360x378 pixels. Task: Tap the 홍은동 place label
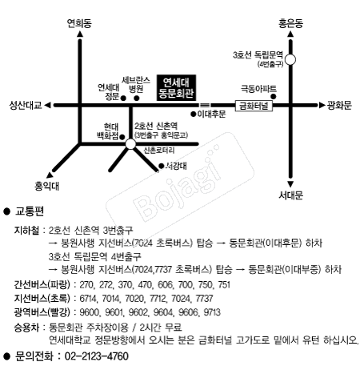pyautogui.click(x=290, y=24)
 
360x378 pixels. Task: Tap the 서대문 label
pyautogui.click(x=292, y=195)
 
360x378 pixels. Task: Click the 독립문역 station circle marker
pyautogui.click(x=291, y=58)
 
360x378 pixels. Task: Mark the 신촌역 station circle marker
pyautogui.click(x=130, y=144)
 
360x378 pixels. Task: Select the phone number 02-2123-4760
pyautogui.click(x=94, y=356)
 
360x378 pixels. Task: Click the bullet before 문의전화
pyautogui.click(x=7, y=356)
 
